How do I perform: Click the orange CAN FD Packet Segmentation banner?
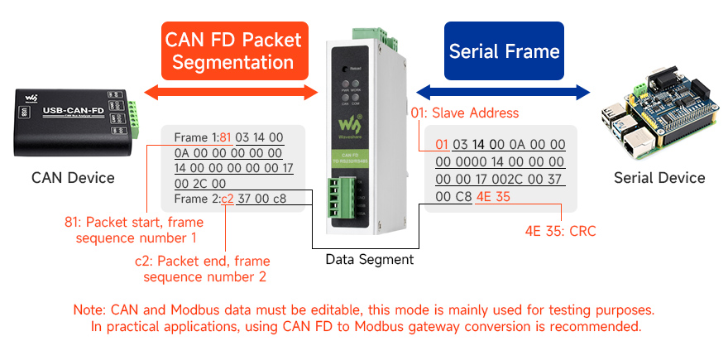tap(233, 50)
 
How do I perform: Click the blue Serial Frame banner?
tap(504, 50)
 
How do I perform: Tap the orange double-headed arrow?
tap(232, 91)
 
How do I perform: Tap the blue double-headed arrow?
tap(503, 91)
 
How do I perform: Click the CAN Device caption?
tap(73, 177)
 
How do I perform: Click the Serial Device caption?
tap(659, 177)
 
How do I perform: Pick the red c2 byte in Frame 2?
tap(227, 199)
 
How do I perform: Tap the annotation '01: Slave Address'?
tap(465, 113)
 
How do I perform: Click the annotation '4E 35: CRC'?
tap(560, 231)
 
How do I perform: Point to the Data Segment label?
tap(369, 259)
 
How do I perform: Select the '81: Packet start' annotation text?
tap(134, 229)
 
